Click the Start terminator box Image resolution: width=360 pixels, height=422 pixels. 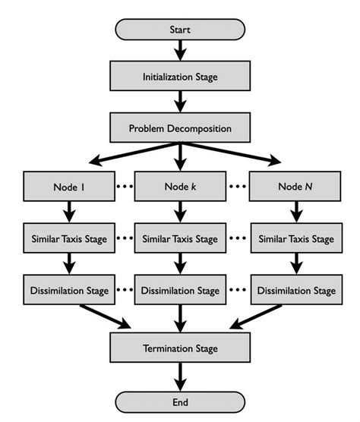(180, 30)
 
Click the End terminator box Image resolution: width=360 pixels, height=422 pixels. (180, 402)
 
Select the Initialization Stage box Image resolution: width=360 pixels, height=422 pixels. (180, 77)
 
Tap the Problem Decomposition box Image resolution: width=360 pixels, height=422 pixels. (180, 128)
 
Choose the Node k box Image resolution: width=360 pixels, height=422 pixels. (180, 187)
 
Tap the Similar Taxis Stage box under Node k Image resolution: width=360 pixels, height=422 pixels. (180, 238)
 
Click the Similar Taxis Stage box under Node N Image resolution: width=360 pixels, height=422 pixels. (295, 238)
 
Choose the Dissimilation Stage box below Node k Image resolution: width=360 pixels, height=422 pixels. (180, 290)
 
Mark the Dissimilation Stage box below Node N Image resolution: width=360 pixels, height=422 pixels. (295, 290)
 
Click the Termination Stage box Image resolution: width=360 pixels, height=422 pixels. (180, 348)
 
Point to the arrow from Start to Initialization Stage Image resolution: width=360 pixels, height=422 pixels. (180, 50)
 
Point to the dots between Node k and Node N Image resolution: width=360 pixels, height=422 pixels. (238, 187)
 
